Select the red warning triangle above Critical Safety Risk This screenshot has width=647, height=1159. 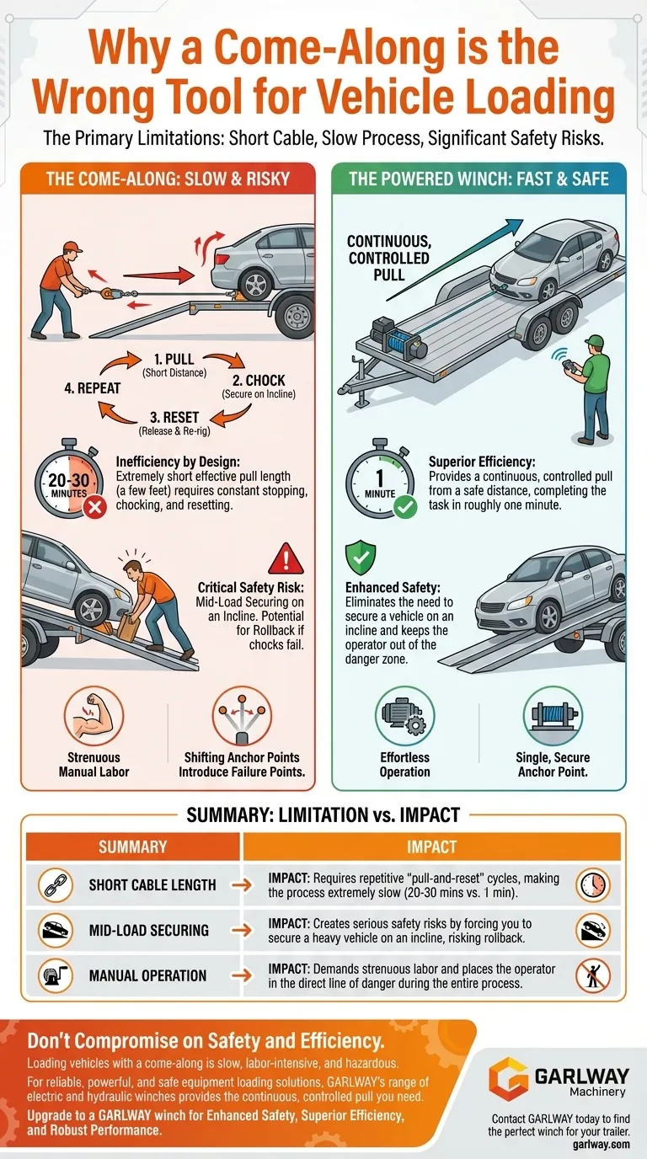[286, 558]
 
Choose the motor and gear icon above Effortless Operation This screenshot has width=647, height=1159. [404, 716]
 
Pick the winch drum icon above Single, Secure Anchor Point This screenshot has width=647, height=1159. [553, 716]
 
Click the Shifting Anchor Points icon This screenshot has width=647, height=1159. [243, 716]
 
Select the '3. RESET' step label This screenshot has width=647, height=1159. [174, 417]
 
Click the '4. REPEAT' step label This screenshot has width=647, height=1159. [92, 388]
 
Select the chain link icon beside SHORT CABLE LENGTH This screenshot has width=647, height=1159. [55, 885]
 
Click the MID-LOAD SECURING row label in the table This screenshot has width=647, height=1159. [148, 930]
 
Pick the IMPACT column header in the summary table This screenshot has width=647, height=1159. [431, 847]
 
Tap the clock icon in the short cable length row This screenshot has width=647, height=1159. [592, 885]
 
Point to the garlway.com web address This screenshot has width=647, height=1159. [602, 1144]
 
